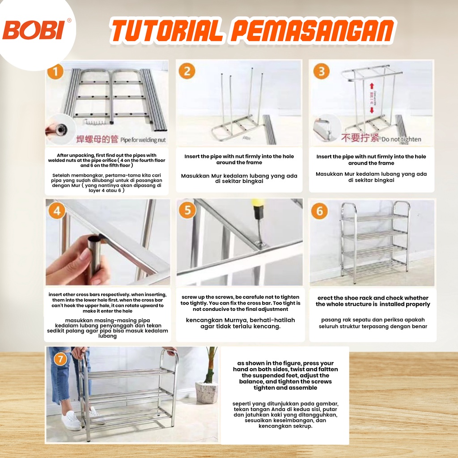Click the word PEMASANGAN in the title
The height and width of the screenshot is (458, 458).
tap(314, 31)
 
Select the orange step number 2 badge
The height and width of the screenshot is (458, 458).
tap(187, 72)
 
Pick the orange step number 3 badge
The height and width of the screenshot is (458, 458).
tap(321, 72)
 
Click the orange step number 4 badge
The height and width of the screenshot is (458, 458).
tap(56, 211)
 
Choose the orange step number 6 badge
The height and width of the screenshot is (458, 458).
tap(319, 211)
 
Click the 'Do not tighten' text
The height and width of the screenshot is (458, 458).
tap(401, 140)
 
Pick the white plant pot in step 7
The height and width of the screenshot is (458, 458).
tap(207, 392)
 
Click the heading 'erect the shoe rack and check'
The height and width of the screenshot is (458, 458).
tap(373, 298)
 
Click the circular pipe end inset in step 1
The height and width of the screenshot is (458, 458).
tap(59, 130)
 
